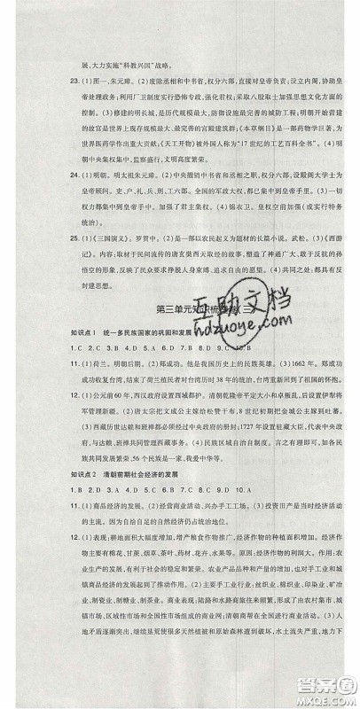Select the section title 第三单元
click(171, 308)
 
